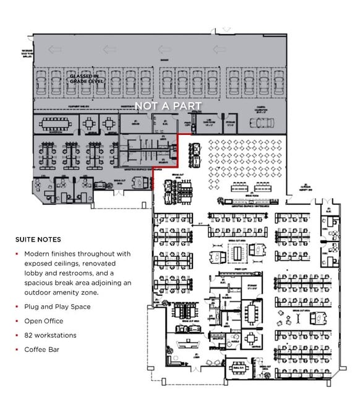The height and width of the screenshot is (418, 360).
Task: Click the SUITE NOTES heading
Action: pyautogui.click(x=38, y=239)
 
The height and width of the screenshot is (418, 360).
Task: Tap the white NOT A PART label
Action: pyautogui.click(x=168, y=106)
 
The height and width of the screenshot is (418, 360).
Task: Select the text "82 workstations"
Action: pyautogui.click(x=50, y=335)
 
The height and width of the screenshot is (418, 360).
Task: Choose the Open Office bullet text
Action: pyautogui.click(x=44, y=321)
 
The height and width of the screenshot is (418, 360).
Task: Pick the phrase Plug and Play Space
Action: pyautogui.click(x=58, y=307)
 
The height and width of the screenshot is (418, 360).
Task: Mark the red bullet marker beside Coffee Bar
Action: pyautogui.click(x=17, y=349)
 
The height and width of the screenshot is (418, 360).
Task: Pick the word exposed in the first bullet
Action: pyautogui.click(x=39, y=263)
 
